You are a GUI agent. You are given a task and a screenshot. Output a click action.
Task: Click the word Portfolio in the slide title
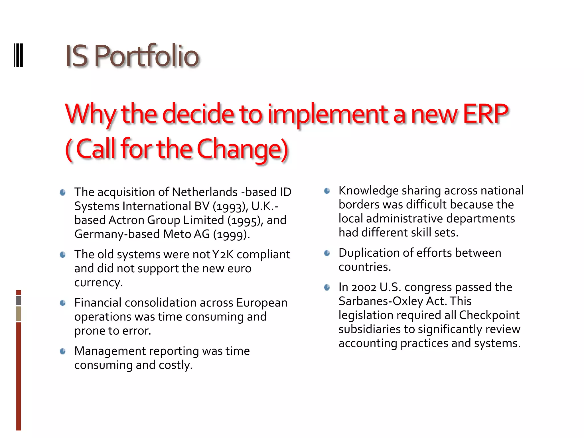147,56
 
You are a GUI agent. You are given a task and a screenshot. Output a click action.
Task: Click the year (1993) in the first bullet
230,206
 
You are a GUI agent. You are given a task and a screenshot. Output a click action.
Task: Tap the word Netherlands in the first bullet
205,192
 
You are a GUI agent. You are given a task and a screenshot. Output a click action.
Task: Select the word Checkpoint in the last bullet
489,315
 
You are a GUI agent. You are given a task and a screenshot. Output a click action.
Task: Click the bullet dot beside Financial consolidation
63,303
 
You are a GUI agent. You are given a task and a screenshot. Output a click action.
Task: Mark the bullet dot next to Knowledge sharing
327,191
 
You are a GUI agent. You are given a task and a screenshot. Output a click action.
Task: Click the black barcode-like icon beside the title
19,55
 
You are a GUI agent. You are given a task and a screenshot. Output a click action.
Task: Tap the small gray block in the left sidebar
19,300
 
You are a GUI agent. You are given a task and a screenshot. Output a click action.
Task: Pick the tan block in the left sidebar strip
19,314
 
